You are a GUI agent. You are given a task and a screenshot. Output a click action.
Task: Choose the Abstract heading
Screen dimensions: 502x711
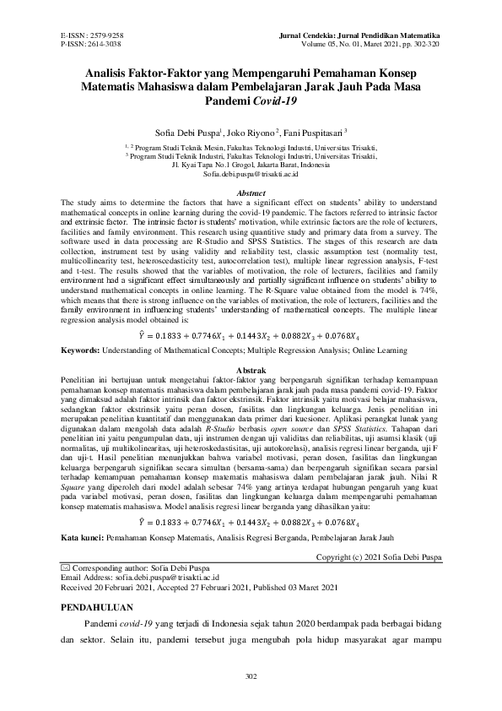[x=251, y=193]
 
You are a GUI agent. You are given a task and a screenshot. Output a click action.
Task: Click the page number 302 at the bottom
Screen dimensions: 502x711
[x=251, y=676]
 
